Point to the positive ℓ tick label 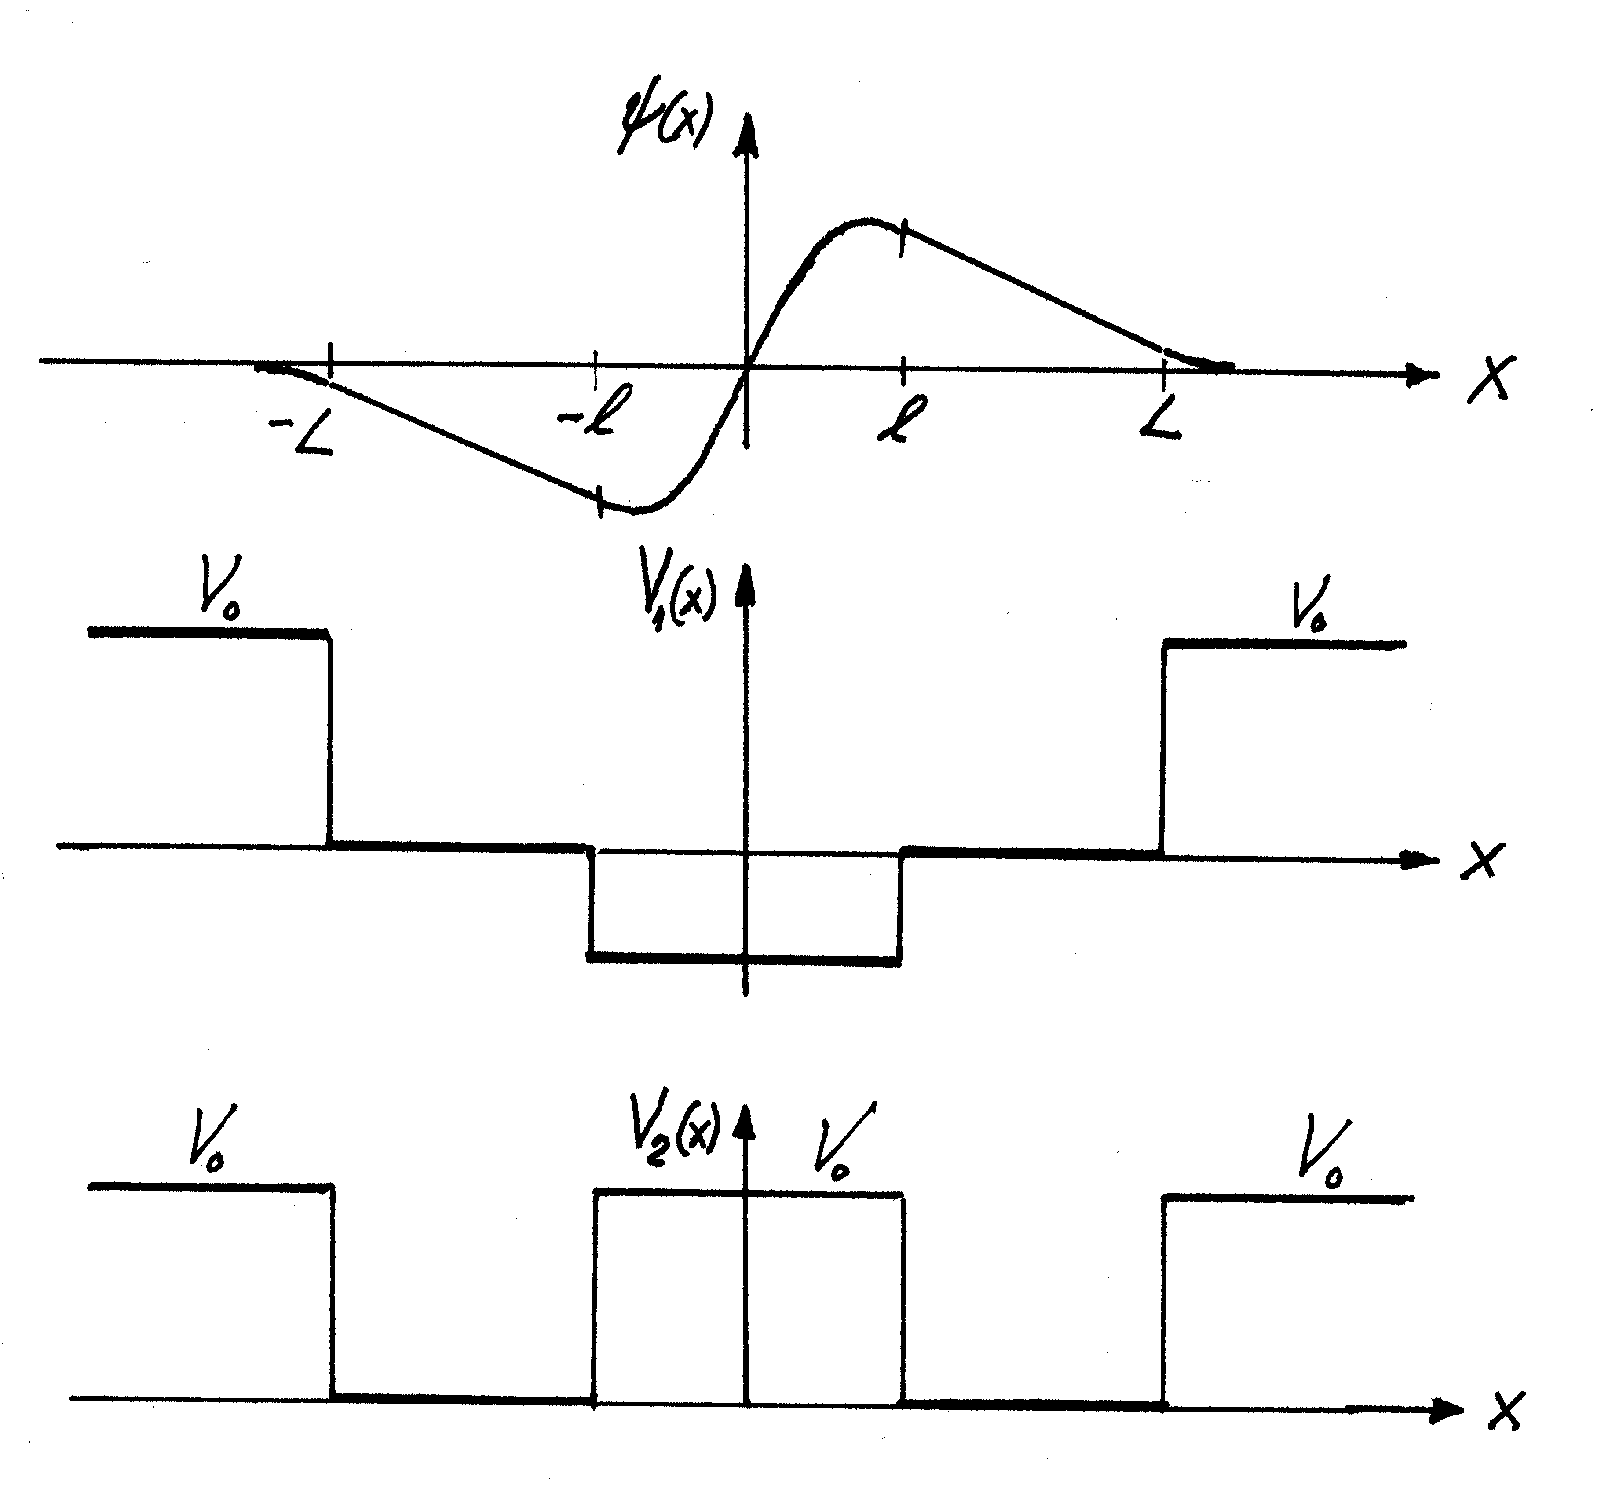901,418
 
